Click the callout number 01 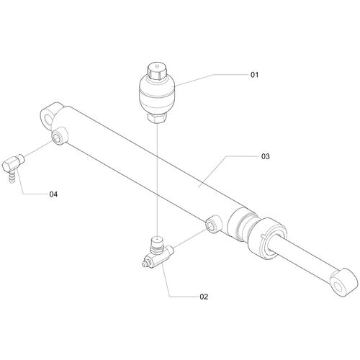point(255,75)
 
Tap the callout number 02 point(204,297)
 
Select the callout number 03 point(266,156)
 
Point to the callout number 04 point(53,194)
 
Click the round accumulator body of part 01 point(157,96)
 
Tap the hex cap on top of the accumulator point(157,71)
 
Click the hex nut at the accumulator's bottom point(157,118)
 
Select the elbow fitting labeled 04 point(12,166)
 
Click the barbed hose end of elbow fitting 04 point(12,177)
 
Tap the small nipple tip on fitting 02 point(145,264)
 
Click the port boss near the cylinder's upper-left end point(60,136)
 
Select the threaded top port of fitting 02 point(156,243)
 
